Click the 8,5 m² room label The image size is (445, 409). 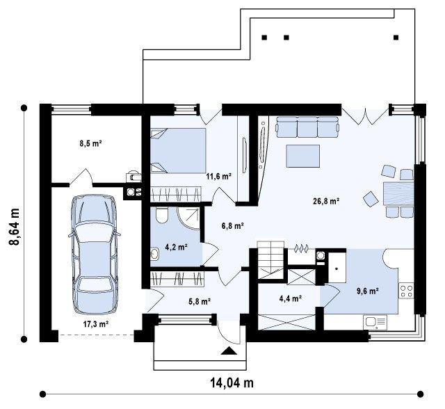[x=90, y=143]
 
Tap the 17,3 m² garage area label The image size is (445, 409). [x=97, y=324]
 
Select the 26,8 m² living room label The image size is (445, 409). [x=326, y=201]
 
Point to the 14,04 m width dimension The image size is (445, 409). [x=232, y=383]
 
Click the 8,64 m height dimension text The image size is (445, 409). [x=14, y=226]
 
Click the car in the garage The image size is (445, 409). [x=95, y=255]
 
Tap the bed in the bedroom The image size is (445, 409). [x=178, y=150]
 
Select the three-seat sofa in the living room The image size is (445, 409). [x=307, y=127]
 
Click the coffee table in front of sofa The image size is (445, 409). [x=303, y=156]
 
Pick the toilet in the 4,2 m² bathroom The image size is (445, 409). [x=162, y=216]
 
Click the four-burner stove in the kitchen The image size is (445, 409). [x=406, y=291]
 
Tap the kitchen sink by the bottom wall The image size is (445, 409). [x=375, y=323]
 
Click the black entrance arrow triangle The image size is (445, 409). [x=229, y=351]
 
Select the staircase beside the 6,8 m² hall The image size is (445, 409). [x=270, y=259]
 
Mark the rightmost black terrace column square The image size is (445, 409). [x=396, y=37]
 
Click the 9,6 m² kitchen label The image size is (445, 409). [x=368, y=291]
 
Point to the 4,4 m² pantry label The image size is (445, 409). [x=290, y=298]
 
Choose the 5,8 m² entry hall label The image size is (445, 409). [x=200, y=301]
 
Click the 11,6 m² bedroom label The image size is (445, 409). [x=218, y=177]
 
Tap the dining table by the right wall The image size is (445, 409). [x=398, y=194]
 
